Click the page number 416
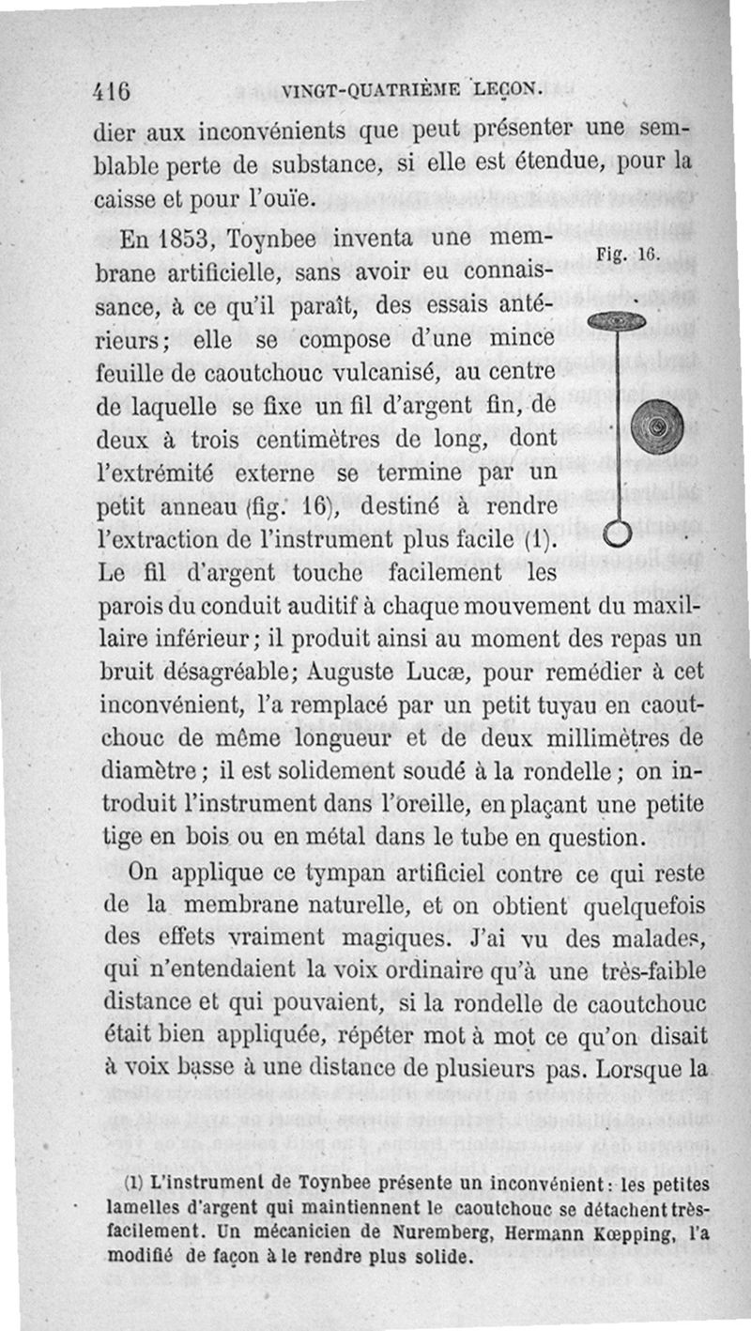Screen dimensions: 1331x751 [113, 91]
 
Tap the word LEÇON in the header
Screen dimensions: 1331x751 [509, 89]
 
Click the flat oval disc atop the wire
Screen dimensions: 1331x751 [616, 321]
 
